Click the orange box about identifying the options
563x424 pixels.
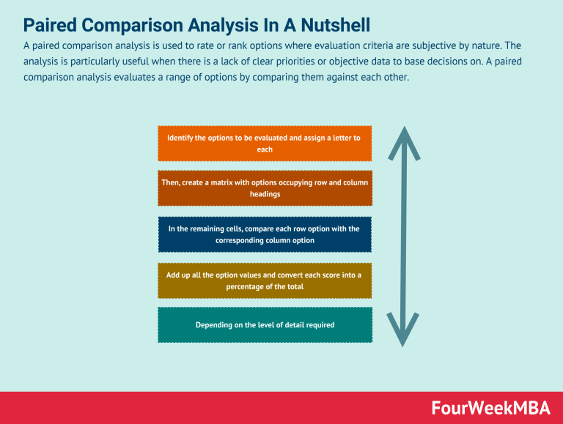coord(265,144)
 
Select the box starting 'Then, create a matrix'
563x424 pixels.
coord(265,188)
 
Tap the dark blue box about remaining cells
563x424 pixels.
coord(265,234)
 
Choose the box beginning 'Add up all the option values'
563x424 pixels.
coord(265,280)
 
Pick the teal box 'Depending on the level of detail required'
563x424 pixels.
coord(265,324)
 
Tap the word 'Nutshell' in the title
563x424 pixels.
coord(334,26)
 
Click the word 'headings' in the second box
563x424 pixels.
coord(265,194)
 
